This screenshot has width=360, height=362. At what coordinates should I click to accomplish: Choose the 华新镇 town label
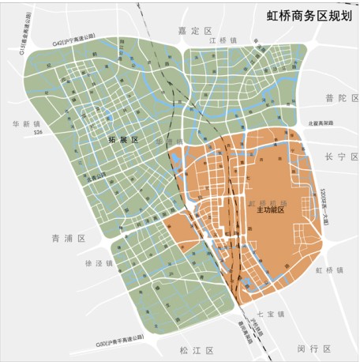[26, 124]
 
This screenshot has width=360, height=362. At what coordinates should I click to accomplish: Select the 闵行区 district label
[313, 349]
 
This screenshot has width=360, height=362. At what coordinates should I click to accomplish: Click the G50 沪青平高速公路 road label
[119, 342]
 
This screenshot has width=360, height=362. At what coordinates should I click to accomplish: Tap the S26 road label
[37, 137]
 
